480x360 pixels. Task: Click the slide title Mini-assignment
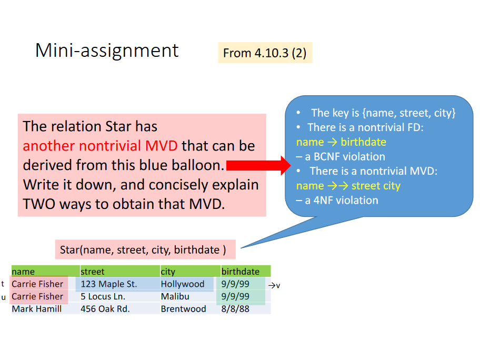coord(107,51)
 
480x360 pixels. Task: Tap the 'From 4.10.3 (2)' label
coord(265,53)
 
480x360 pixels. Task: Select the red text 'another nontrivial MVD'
coord(100,146)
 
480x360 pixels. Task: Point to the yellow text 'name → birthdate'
coord(341,142)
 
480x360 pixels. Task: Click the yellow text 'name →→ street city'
coord(348,186)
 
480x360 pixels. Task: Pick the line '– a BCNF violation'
coord(341,156)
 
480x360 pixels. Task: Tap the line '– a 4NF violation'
coord(337,200)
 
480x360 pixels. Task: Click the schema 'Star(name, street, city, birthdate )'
coord(143,249)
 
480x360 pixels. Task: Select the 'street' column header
coord(93,272)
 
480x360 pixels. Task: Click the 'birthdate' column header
coord(240,272)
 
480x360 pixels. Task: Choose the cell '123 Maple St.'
coord(108,284)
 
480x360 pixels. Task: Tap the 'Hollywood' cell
coord(183,284)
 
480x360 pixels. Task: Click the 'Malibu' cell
coord(175,296)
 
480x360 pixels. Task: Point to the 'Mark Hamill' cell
coord(36,309)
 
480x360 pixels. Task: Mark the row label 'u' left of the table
coord(4,297)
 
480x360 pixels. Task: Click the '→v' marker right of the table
coord(274,285)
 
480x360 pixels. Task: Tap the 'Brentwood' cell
coord(183,309)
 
